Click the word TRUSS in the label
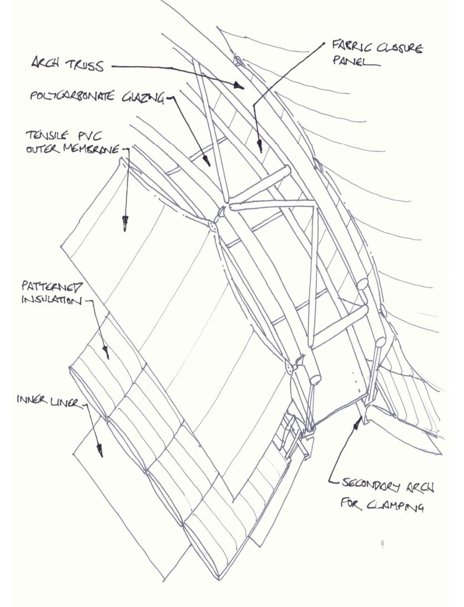pyautogui.click(x=86, y=67)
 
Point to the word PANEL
pyautogui.click(x=347, y=62)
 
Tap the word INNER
pyautogui.click(x=32, y=400)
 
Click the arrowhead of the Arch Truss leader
pyautogui.click(x=240, y=85)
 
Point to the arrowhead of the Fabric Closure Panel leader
pyautogui.click(x=259, y=148)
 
